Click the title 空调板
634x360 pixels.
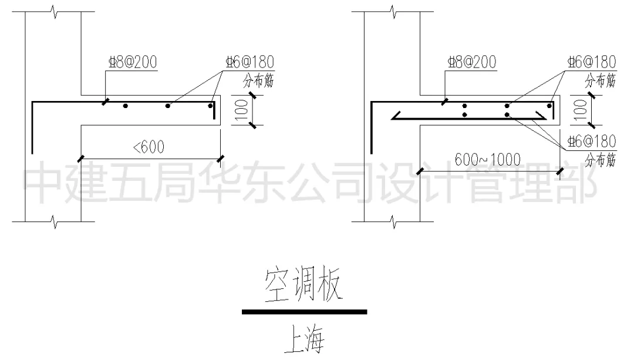303,286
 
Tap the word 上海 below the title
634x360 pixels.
303,341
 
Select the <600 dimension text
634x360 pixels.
149,147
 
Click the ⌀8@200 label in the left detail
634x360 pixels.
132,62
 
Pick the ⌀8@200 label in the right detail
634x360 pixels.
471,62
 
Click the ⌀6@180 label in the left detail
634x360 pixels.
250,62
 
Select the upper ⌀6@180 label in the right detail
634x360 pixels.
591,62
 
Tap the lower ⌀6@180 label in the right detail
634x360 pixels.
591,142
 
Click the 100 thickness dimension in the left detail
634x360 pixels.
240,110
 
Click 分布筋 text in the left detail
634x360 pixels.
258,81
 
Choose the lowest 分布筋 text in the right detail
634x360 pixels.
600,160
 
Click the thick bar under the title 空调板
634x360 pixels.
304,312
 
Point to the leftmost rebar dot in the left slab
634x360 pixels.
125,106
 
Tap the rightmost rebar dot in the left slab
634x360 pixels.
210,106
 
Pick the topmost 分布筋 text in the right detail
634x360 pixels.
600,81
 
